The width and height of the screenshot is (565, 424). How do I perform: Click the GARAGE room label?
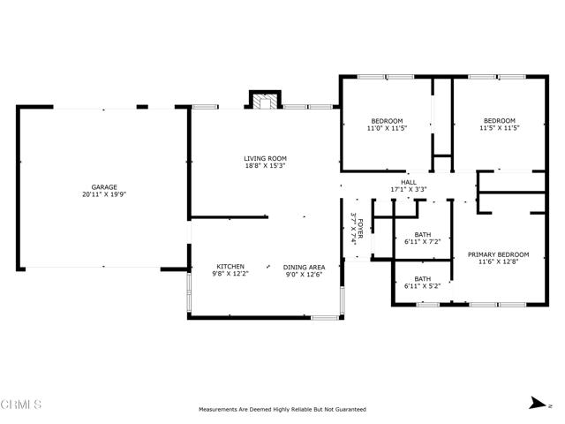[x=104, y=187]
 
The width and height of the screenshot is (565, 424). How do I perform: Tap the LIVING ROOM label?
[x=265, y=158]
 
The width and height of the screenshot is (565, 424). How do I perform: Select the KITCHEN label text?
[x=230, y=267]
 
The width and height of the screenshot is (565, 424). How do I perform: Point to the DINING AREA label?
[x=304, y=267]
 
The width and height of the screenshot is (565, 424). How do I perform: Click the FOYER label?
[x=360, y=229]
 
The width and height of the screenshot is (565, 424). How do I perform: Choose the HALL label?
[x=409, y=183]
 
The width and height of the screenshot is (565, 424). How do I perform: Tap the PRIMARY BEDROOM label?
[x=498, y=254]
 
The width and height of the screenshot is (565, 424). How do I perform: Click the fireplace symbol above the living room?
[x=265, y=102]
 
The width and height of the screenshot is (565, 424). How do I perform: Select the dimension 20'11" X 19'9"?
[x=104, y=194]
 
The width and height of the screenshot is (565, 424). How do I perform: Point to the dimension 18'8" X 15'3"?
[x=265, y=166]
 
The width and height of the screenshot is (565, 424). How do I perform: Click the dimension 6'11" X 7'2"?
[x=423, y=241]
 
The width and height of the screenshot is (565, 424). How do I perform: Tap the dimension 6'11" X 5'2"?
[x=423, y=286]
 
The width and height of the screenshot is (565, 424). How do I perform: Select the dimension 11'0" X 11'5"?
[x=387, y=128]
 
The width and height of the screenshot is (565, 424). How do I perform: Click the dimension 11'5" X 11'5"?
[x=500, y=127]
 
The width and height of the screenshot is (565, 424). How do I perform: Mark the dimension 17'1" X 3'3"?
[x=409, y=189]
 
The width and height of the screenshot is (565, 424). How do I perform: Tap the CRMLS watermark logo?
[x=21, y=405]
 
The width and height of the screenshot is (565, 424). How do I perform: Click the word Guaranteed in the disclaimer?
[x=351, y=410]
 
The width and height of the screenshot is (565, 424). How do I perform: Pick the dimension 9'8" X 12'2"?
[x=230, y=274]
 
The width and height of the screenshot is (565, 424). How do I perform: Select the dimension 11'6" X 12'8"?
[x=498, y=261]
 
